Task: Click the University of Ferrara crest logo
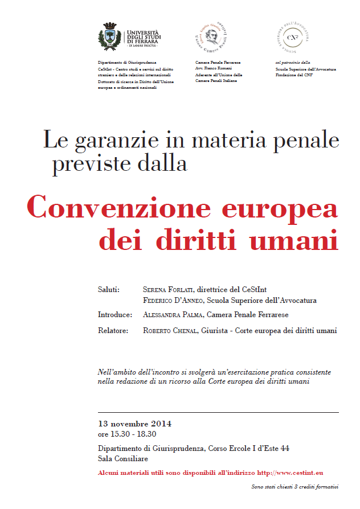click(x=112, y=35)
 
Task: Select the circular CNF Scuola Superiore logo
click(x=292, y=36)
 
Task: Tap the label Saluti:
click(x=109, y=290)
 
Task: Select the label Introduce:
click(x=115, y=314)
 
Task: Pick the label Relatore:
click(x=113, y=330)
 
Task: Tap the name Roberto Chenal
click(x=170, y=330)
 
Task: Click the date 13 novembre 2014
click(x=134, y=424)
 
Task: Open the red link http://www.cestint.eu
click(x=291, y=473)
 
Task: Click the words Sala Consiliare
click(x=123, y=459)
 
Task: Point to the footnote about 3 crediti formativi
click(x=294, y=487)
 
